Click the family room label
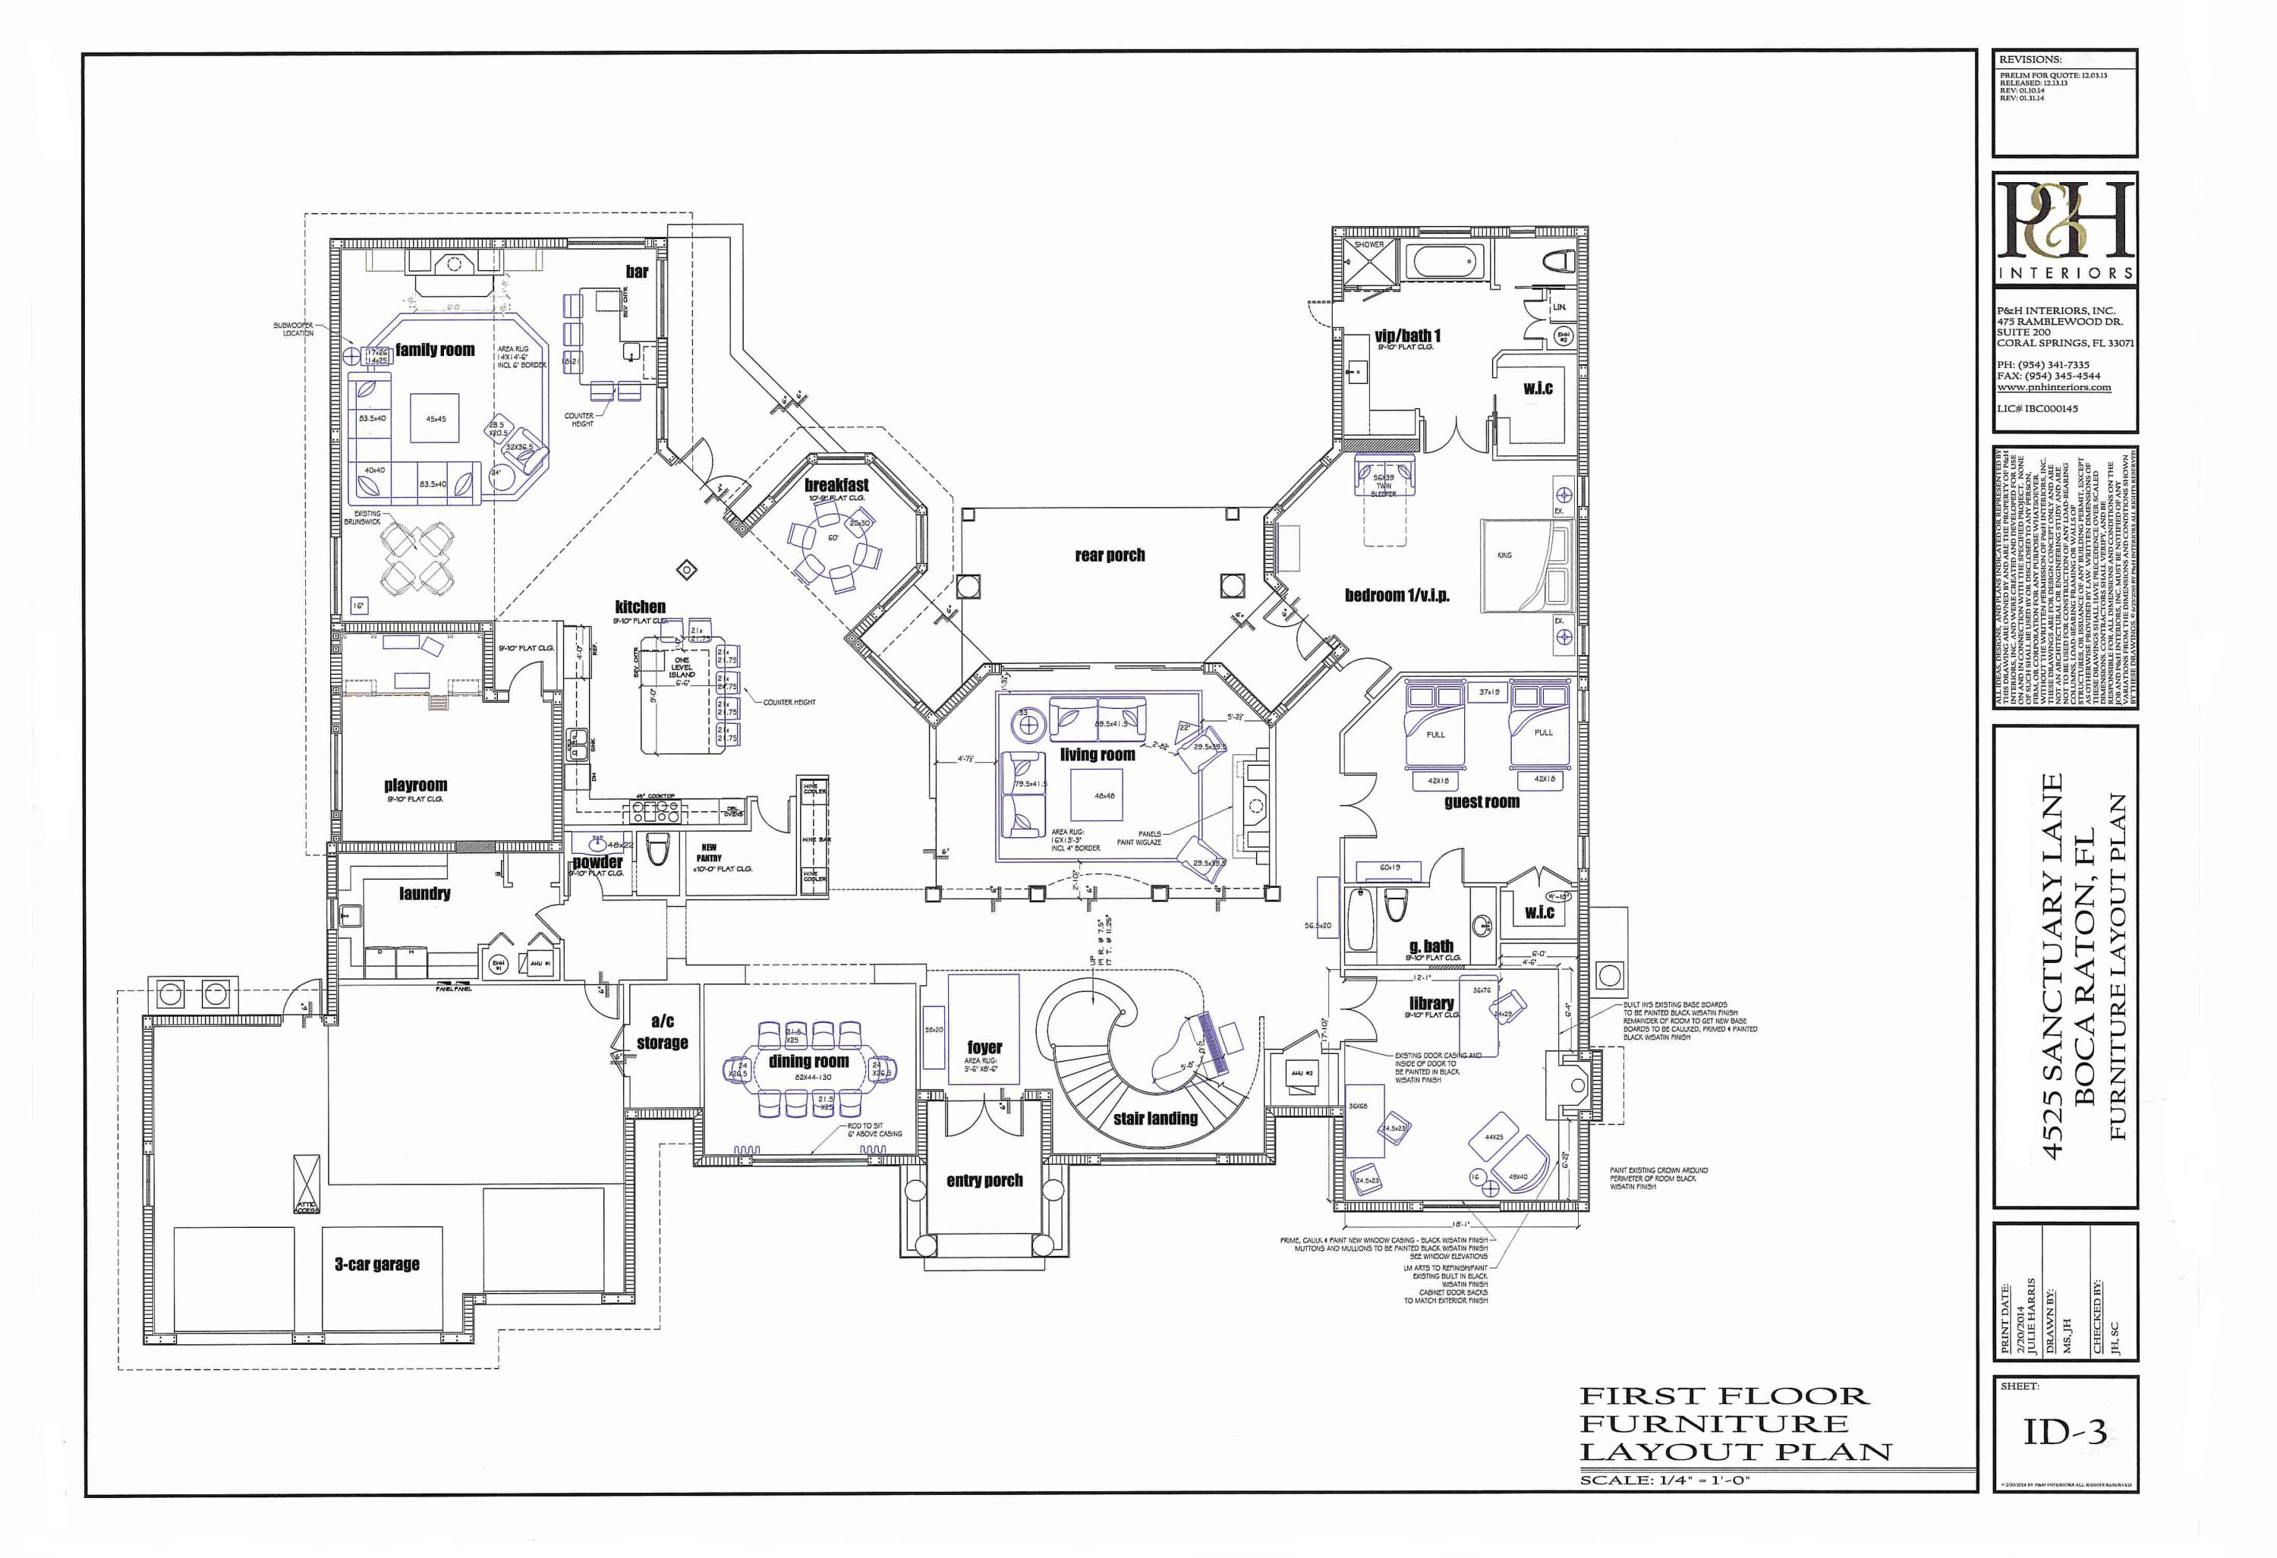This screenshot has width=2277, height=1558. [x=434, y=350]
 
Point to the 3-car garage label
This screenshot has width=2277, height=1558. [x=377, y=1264]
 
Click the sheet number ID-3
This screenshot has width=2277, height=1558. [x=2064, y=1434]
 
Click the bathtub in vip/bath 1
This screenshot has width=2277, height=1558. [x=1445, y=263]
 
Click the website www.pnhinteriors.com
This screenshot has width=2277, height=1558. [x=2054, y=387]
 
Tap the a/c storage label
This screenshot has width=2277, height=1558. [x=663, y=1032]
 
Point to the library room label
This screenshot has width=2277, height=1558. [x=1431, y=1003]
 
